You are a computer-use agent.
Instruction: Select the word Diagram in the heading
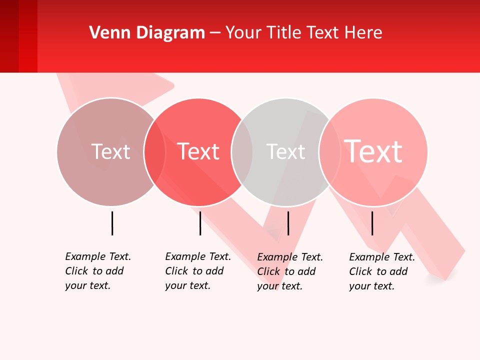pyautogui.click(x=170, y=33)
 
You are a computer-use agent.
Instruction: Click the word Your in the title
pyautogui.click(x=243, y=33)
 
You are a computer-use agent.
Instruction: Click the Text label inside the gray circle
pyautogui.click(x=285, y=151)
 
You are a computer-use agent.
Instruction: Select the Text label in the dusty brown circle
pyautogui.click(x=110, y=151)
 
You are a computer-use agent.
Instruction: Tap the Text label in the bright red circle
pyautogui.click(x=198, y=151)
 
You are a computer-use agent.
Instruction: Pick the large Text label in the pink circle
pyautogui.click(x=373, y=151)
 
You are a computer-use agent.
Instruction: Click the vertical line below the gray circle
pyautogui.click(x=288, y=223)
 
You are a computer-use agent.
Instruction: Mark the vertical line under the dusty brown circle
pyautogui.click(x=112, y=223)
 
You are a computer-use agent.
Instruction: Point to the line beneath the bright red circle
pyautogui.click(x=200, y=223)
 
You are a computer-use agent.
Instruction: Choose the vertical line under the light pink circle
pyautogui.click(x=372, y=223)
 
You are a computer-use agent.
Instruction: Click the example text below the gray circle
pyautogui.click(x=289, y=271)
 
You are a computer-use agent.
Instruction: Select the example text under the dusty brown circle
pyautogui.click(x=97, y=271)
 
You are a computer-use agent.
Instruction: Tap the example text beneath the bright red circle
pyautogui.click(x=197, y=271)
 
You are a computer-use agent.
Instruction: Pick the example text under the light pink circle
pyautogui.click(x=381, y=271)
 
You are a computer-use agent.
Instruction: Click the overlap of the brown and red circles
pyautogui.click(x=154, y=151)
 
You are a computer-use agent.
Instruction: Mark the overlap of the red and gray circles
pyautogui.click(x=242, y=151)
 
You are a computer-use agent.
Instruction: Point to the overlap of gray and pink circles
pyautogui.click(x=329, y=151)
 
